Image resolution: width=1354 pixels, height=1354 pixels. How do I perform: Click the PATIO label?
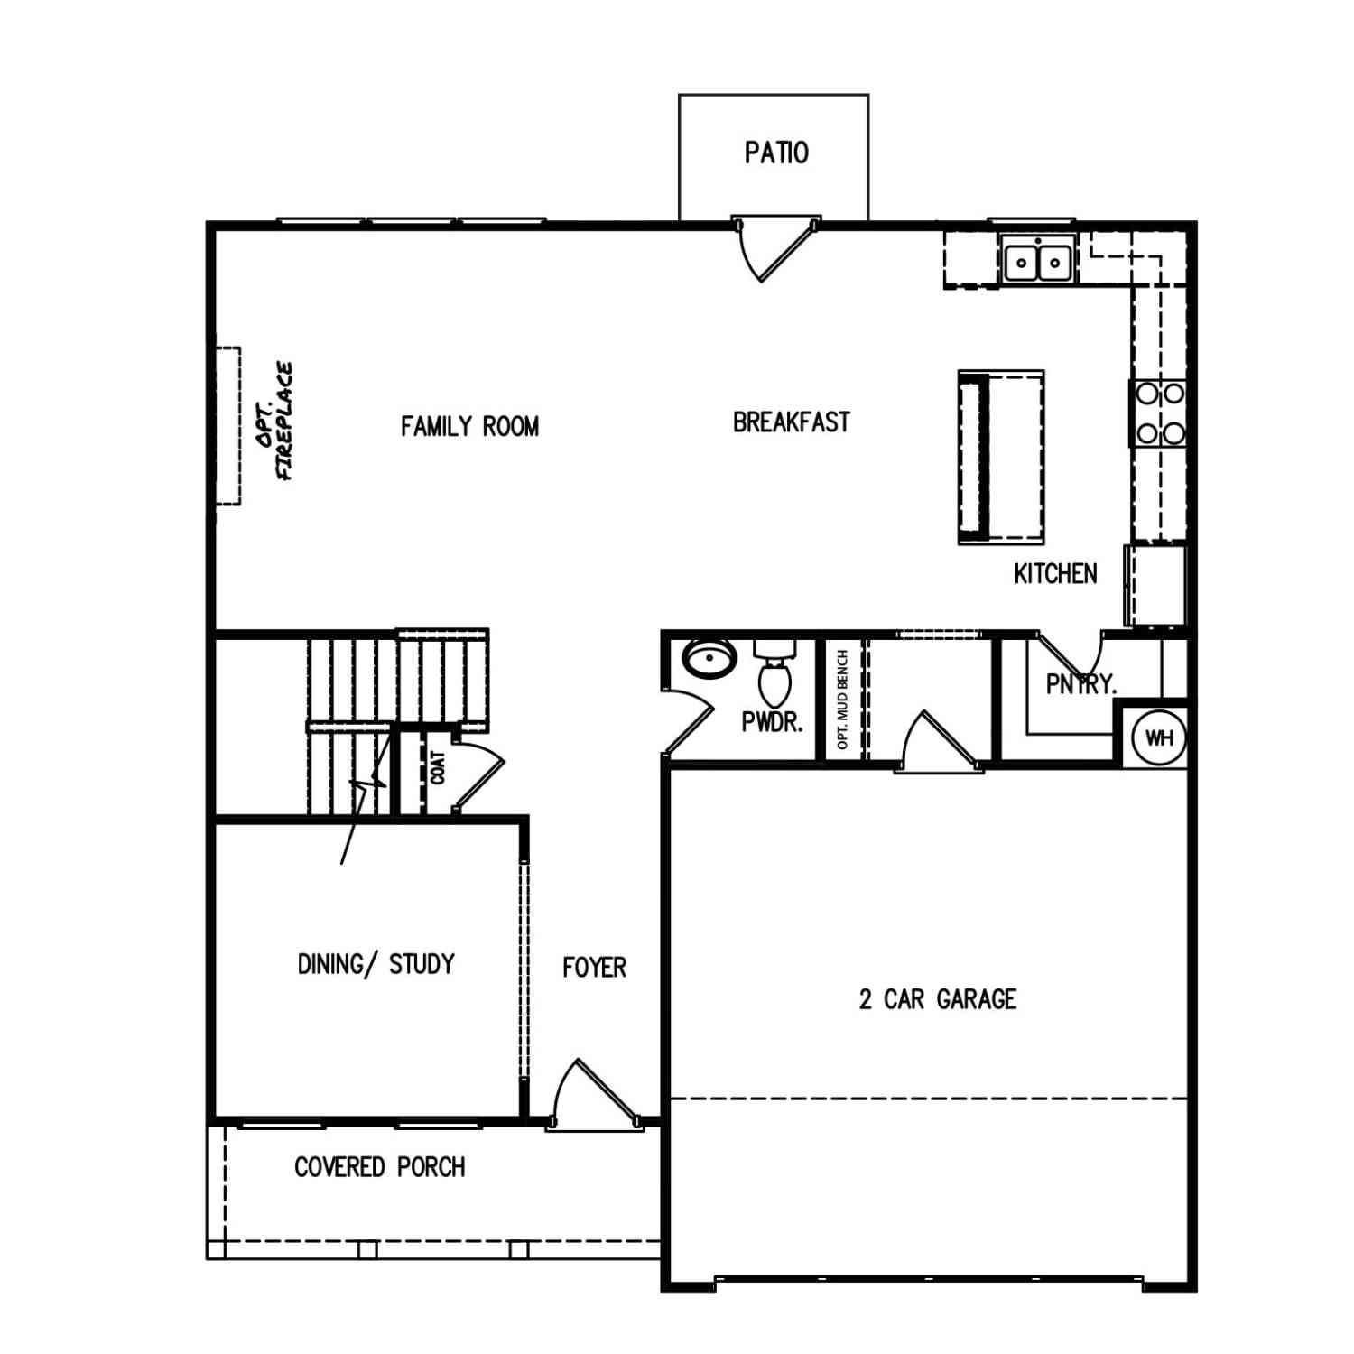[x=776, y=153]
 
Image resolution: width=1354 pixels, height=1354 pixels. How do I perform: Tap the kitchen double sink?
[x=1037, y=261]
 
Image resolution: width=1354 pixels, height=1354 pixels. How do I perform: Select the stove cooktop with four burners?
[x=1159, y=413]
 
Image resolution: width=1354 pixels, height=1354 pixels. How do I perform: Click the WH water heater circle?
[x=1159, y=737]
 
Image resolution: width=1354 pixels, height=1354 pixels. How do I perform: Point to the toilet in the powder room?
[x=774, y=672]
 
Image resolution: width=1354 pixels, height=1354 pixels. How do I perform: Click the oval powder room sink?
[x=709, y=657]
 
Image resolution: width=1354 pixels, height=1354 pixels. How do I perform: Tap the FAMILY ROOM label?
[x=469, y=426]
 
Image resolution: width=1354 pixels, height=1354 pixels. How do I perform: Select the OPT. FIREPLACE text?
[x=274, y=422]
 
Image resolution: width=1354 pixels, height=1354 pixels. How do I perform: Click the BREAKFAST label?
[x=791, y=422]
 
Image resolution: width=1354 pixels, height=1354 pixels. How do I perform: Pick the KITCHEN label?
[x=1055, y=573]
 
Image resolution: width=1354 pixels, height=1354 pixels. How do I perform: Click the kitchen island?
[x=1001, y=457]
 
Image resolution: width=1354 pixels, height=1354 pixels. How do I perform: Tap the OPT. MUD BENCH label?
[x=843, y=700]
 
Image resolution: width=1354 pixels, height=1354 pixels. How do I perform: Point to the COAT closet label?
[x=438, y=767]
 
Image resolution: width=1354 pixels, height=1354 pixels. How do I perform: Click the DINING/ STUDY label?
[x=376, y=964]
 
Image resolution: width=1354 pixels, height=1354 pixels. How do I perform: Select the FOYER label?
[x=594, y=968]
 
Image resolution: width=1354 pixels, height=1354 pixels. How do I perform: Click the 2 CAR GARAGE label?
[x=938, y=999]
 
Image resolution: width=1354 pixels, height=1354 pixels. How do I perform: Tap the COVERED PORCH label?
[x=379, y=1167]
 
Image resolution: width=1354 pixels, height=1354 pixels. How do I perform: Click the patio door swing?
[x=776, y=248]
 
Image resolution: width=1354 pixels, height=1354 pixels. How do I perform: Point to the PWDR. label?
[x=772, y=722]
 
